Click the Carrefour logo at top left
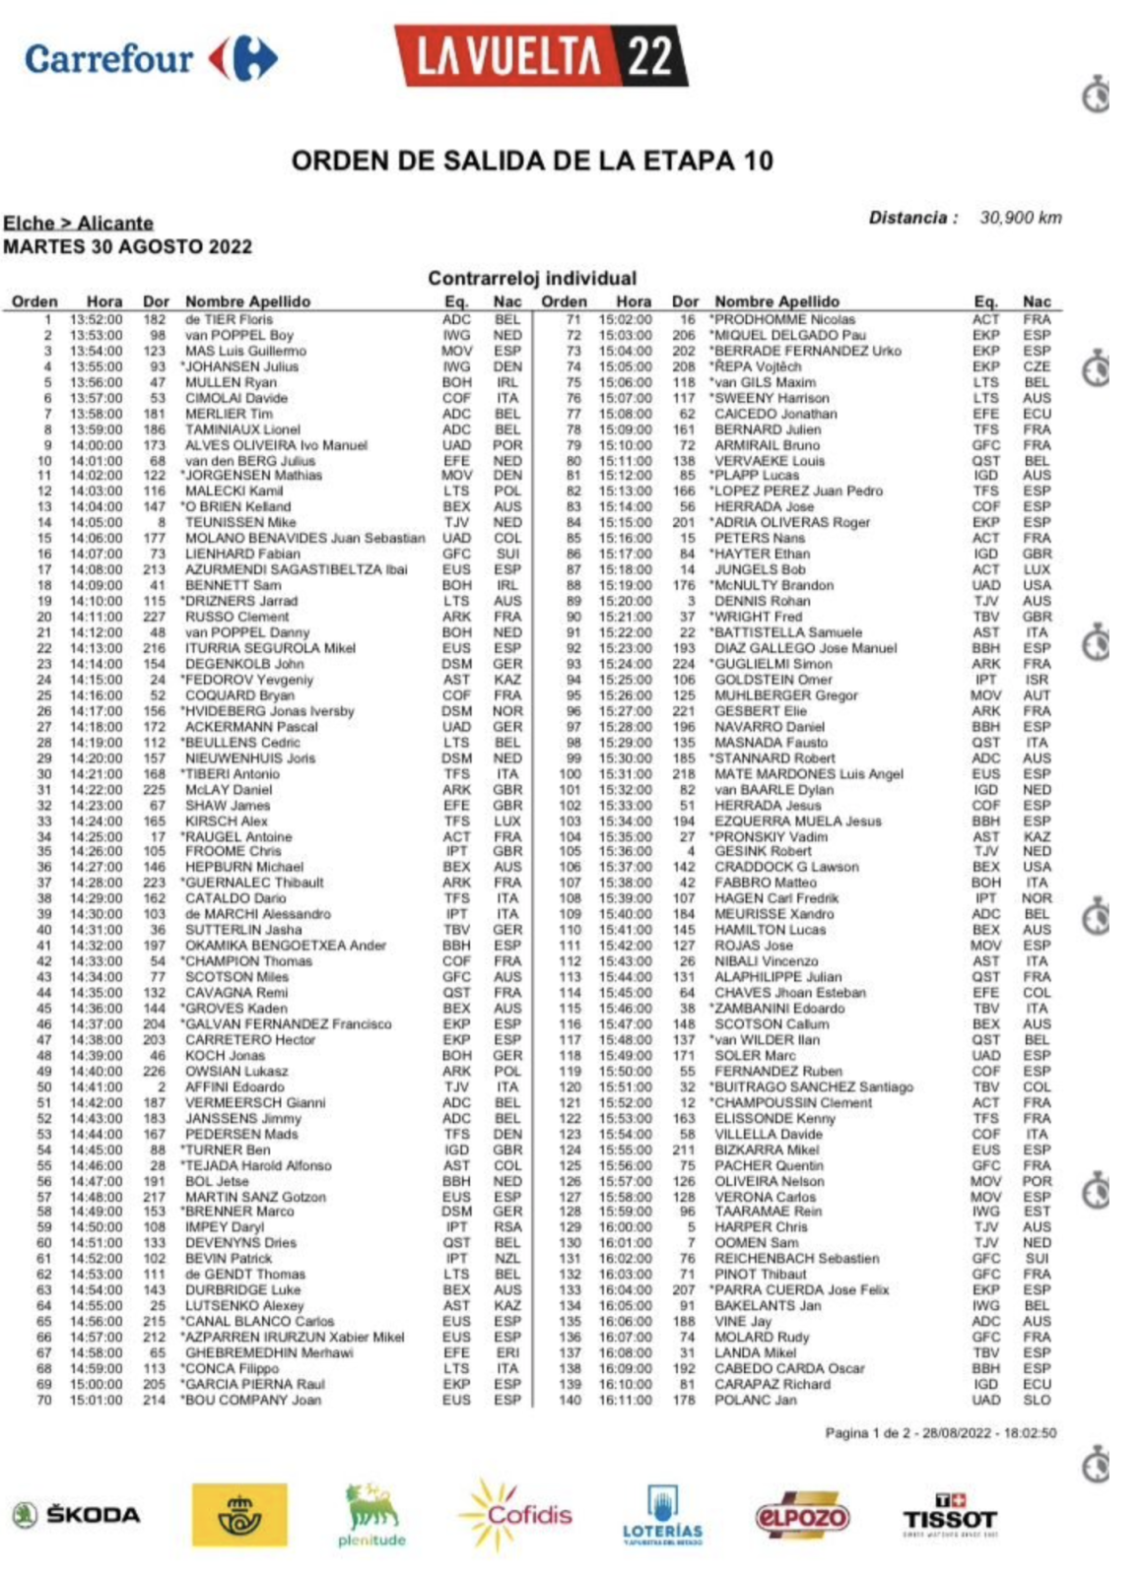coord(151,59)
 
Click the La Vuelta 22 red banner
coord(540,56)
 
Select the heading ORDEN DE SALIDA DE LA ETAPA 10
coord(532,161)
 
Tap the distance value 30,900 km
coord(1020,218)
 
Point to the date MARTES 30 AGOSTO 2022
coord(127,246)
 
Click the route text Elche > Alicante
coord(78,223)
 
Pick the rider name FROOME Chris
coord(233,851)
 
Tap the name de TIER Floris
coord(229,319)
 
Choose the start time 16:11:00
coord(625,1400)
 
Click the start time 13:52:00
coord(96,319)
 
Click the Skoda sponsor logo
coord(77,1515)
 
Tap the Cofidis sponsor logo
coord(516,1514)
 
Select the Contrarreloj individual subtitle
coord(532,278)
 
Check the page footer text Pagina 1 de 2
coord(866,1433)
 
